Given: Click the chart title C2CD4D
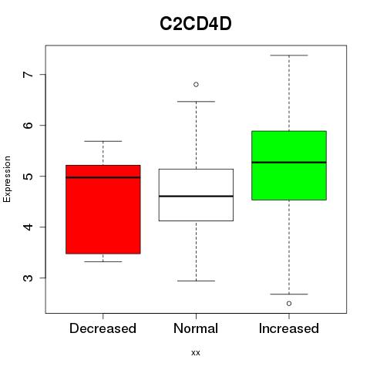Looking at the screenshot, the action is [x=196, y=24].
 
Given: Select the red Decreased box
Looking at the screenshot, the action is [x=103, y=210].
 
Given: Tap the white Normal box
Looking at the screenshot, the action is [x=196, y=195].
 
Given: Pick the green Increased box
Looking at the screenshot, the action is [x=289, y=166].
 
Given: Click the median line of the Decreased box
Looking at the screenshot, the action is [x=103, y=177].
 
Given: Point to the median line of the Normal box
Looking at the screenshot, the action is [x=196, y=197].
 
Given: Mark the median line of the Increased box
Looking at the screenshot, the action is [x=289, y=163].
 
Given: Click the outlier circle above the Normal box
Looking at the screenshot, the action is [x=196, y=85].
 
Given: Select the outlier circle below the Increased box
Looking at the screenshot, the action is [x=289, y=304].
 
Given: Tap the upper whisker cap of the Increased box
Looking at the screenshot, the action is [x=289, y=55].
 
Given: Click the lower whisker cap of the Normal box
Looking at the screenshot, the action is [x=196, y=281].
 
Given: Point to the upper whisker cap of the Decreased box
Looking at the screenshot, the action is [x=103, y=141].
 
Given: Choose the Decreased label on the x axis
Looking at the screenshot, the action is [x=103, y=328].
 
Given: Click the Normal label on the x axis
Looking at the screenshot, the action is [x=196, y=328].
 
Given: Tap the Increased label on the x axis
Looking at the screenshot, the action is [x=289, y=328].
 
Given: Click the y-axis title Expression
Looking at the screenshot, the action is [x=7, y=179].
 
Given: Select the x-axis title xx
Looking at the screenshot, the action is [x=196, y=353].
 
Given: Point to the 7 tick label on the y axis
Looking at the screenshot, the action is [x=29, y=75].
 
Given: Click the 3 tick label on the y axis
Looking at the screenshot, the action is [x=29, y=278].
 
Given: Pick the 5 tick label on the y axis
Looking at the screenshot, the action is [x=29, y=177].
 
